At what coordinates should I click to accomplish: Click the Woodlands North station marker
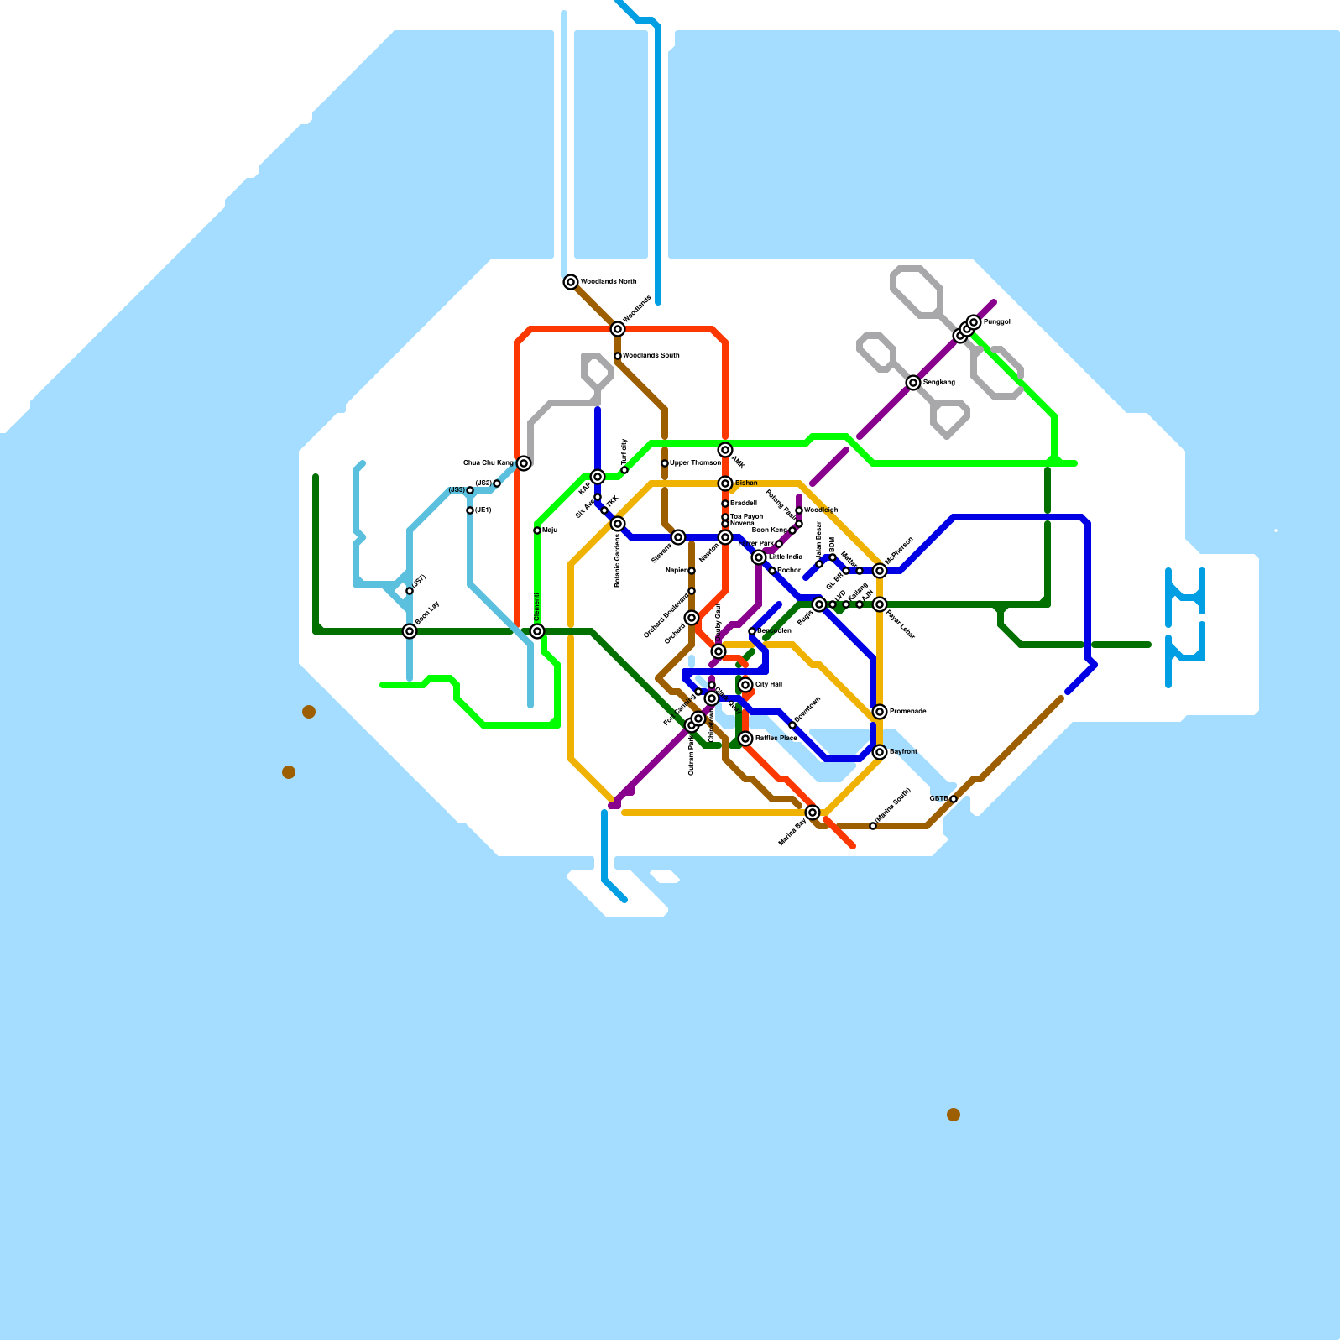pyautogui.click(x=571, y=282)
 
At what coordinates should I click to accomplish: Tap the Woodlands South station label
pyautogui.click(x=651, y=356)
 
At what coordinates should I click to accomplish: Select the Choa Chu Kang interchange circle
pyautogui.click(x=524, y=463)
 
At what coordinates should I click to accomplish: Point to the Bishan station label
pyautogui.click(x=746, y=483)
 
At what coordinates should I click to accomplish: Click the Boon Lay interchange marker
pyautogui.click(x=410, y=631)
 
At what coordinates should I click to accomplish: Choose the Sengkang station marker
pyautogui.click(x=913, y=383)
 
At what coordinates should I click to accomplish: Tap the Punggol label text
pyautogui.click(x=997, y=322)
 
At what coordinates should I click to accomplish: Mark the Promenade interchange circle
pyautogui.click(x=880, y=712)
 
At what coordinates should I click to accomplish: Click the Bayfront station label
pyautogui.click(x=903, y=752)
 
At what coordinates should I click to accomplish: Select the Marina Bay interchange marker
pyautogui.click(x=813, y=813)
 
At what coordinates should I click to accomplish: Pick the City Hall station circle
pyautogui.click(x=745, y=685)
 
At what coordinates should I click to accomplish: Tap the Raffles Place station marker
pyautogui.click(x=745, y=739)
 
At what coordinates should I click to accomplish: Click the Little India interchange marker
pyautogui.click(x=759, y=557)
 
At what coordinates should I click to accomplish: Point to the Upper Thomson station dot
pyautogui.click(x=665, y=463)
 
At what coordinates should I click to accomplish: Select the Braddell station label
pyautogui.click(x=744, y=504)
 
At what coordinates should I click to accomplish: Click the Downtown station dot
pyautogui.click(x=792, y=725)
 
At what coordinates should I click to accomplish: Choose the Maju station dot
pyautogui.click(x=537, y=530)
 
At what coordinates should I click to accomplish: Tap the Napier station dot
pyautogui.click(x=692, y=571)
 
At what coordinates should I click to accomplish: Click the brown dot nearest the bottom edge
pyautogui.click(x=954, y=1115)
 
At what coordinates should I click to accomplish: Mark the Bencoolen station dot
pyautogui.click(x=752, y=631)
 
